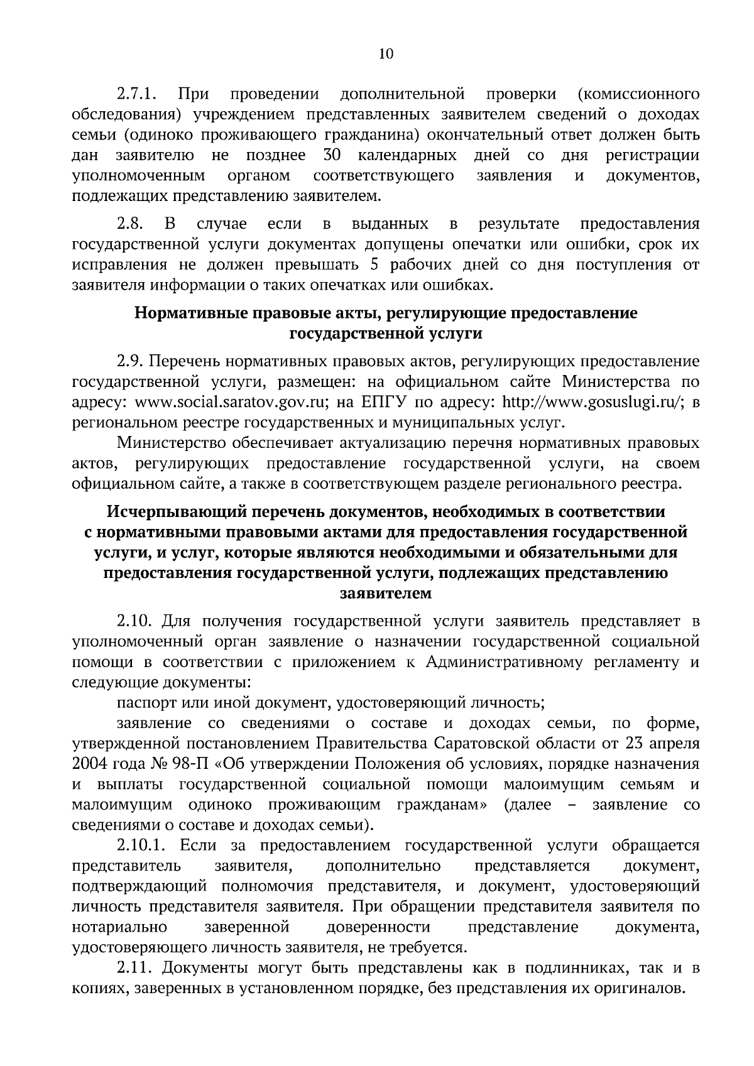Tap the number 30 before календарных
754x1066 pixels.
[x=332, y=155]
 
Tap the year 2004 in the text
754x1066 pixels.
[x=89, y=763]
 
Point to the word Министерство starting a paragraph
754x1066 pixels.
[x=172, y=443]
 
